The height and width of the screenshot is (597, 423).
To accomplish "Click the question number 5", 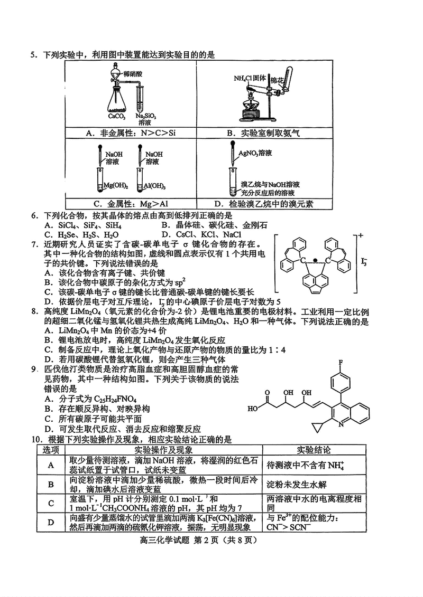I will click(x=32, y=54).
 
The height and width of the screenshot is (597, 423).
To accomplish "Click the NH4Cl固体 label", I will click(x=250, y=78).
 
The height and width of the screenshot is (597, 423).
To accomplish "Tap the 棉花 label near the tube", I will click(x=278, y=80).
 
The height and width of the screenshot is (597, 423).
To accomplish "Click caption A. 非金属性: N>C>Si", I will click(x=130, y=133).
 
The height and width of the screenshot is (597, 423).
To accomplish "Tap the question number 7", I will click(x=32, y=244).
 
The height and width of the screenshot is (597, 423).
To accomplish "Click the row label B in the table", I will click(x=51, y=484).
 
